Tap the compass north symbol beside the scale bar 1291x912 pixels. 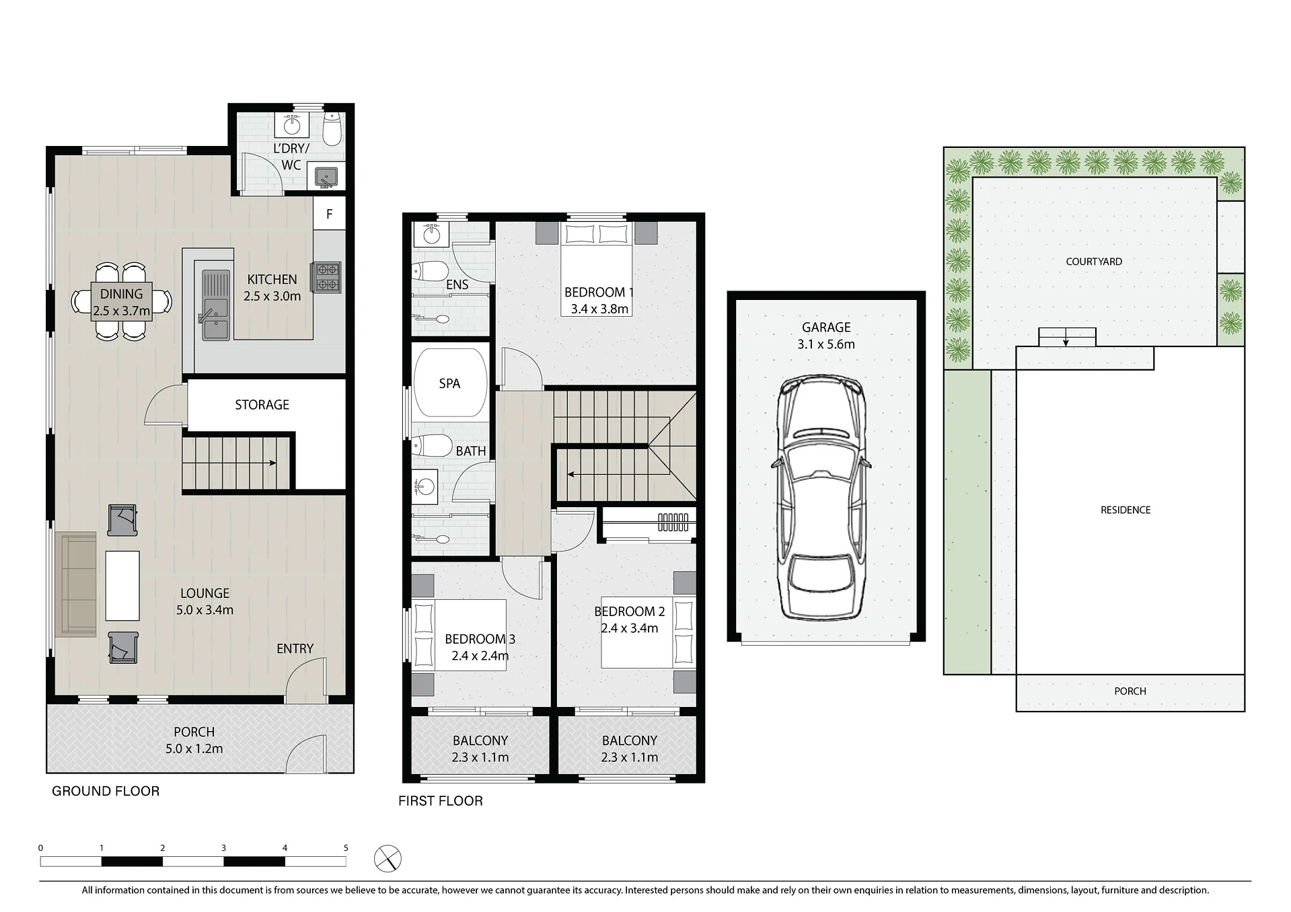pos(388,860)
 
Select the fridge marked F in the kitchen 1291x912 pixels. pos(329,214)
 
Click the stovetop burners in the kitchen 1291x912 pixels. pos(326,277)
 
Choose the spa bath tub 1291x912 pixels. pos(450,384)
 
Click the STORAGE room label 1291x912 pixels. pos(262,405)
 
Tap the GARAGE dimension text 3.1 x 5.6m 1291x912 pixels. pos(826,344)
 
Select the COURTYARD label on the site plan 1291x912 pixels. pos(1094,262)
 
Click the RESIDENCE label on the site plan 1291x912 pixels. pos(1126,510)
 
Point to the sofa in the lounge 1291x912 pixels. pos(76,584)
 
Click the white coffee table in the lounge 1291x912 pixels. pos(122,586)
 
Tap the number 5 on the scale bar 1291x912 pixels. pos(346,848)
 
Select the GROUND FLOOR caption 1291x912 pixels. pos(106,791)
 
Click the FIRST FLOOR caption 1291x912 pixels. pos(441,800)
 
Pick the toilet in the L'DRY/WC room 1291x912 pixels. pos(332,129)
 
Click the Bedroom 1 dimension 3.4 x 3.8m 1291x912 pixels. pos(599,309)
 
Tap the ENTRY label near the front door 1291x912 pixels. pos(295,648)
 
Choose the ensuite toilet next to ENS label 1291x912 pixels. pos(431,272)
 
